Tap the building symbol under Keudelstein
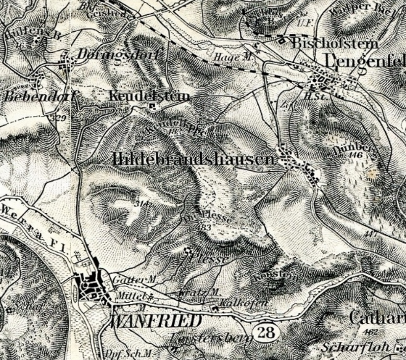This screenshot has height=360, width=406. [x=152, y=107]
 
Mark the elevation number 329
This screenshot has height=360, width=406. [x=61, y=118]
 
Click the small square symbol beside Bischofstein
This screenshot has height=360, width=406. [x=282, y=40]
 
